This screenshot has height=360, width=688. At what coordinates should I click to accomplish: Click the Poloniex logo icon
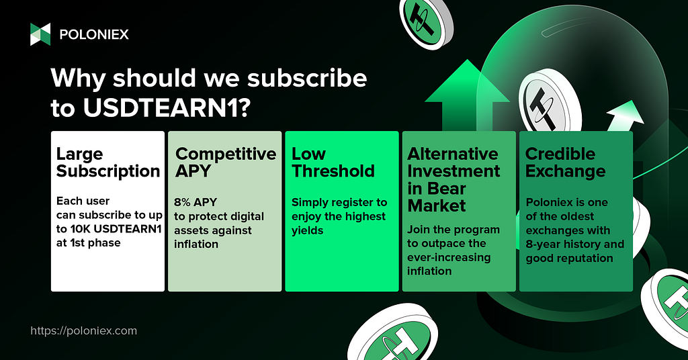click(x=40, y=34)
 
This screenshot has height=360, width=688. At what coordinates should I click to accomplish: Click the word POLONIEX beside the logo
click(x=94, y=35)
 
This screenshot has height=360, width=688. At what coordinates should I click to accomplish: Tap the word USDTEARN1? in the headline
click(x=167, y=107)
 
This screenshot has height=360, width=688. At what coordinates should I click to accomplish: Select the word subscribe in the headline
click(x=307, y=78)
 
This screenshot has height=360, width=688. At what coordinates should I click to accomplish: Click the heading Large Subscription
click(x=108, y=163)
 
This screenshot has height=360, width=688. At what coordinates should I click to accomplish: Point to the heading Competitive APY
click(x=226, y=163)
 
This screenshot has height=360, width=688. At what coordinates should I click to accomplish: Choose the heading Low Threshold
click(x=333, y=163)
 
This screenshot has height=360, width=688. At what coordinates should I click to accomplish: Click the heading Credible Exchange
click(x=565, y=163)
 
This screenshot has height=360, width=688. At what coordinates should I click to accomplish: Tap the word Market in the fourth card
click(x=437, y=206)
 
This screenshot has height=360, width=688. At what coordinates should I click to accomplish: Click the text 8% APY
click(x=196, y=202)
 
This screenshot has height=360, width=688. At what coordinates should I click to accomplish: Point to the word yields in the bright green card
click(x=307, y=230)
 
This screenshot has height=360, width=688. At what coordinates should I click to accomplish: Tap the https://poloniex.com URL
click(x=84, y=330)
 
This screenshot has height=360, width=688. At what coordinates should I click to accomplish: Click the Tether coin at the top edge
click(x=425, y=22)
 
